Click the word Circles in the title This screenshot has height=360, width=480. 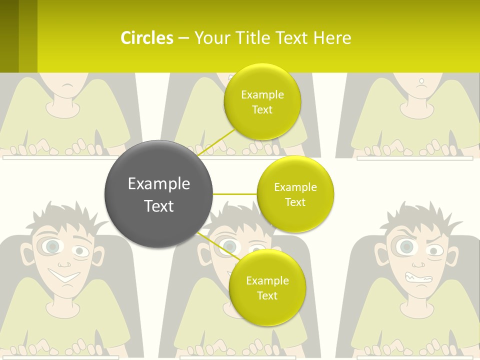(x=146, y=38)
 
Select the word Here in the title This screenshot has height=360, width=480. (x=332, y=38)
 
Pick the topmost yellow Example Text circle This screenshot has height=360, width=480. (x=262, y=102)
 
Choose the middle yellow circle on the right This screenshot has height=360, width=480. (x=295, y=194)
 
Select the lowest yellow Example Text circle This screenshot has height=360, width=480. (x=267, y=288)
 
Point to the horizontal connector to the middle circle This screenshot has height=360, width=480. (x=235, y=194)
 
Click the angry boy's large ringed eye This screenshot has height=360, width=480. (x=406, y=246)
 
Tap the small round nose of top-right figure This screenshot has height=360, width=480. (x=421, y=80)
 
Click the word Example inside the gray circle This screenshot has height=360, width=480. (x=158, y=184)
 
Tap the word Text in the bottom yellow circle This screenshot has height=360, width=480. (x=267, y=295)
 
